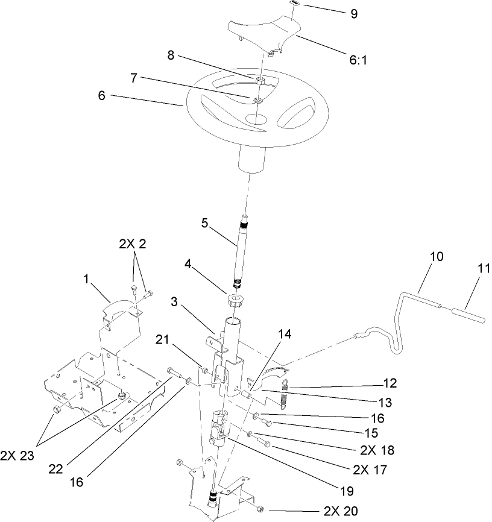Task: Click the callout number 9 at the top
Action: pos(353,13)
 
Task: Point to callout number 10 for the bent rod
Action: pos(437,256)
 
